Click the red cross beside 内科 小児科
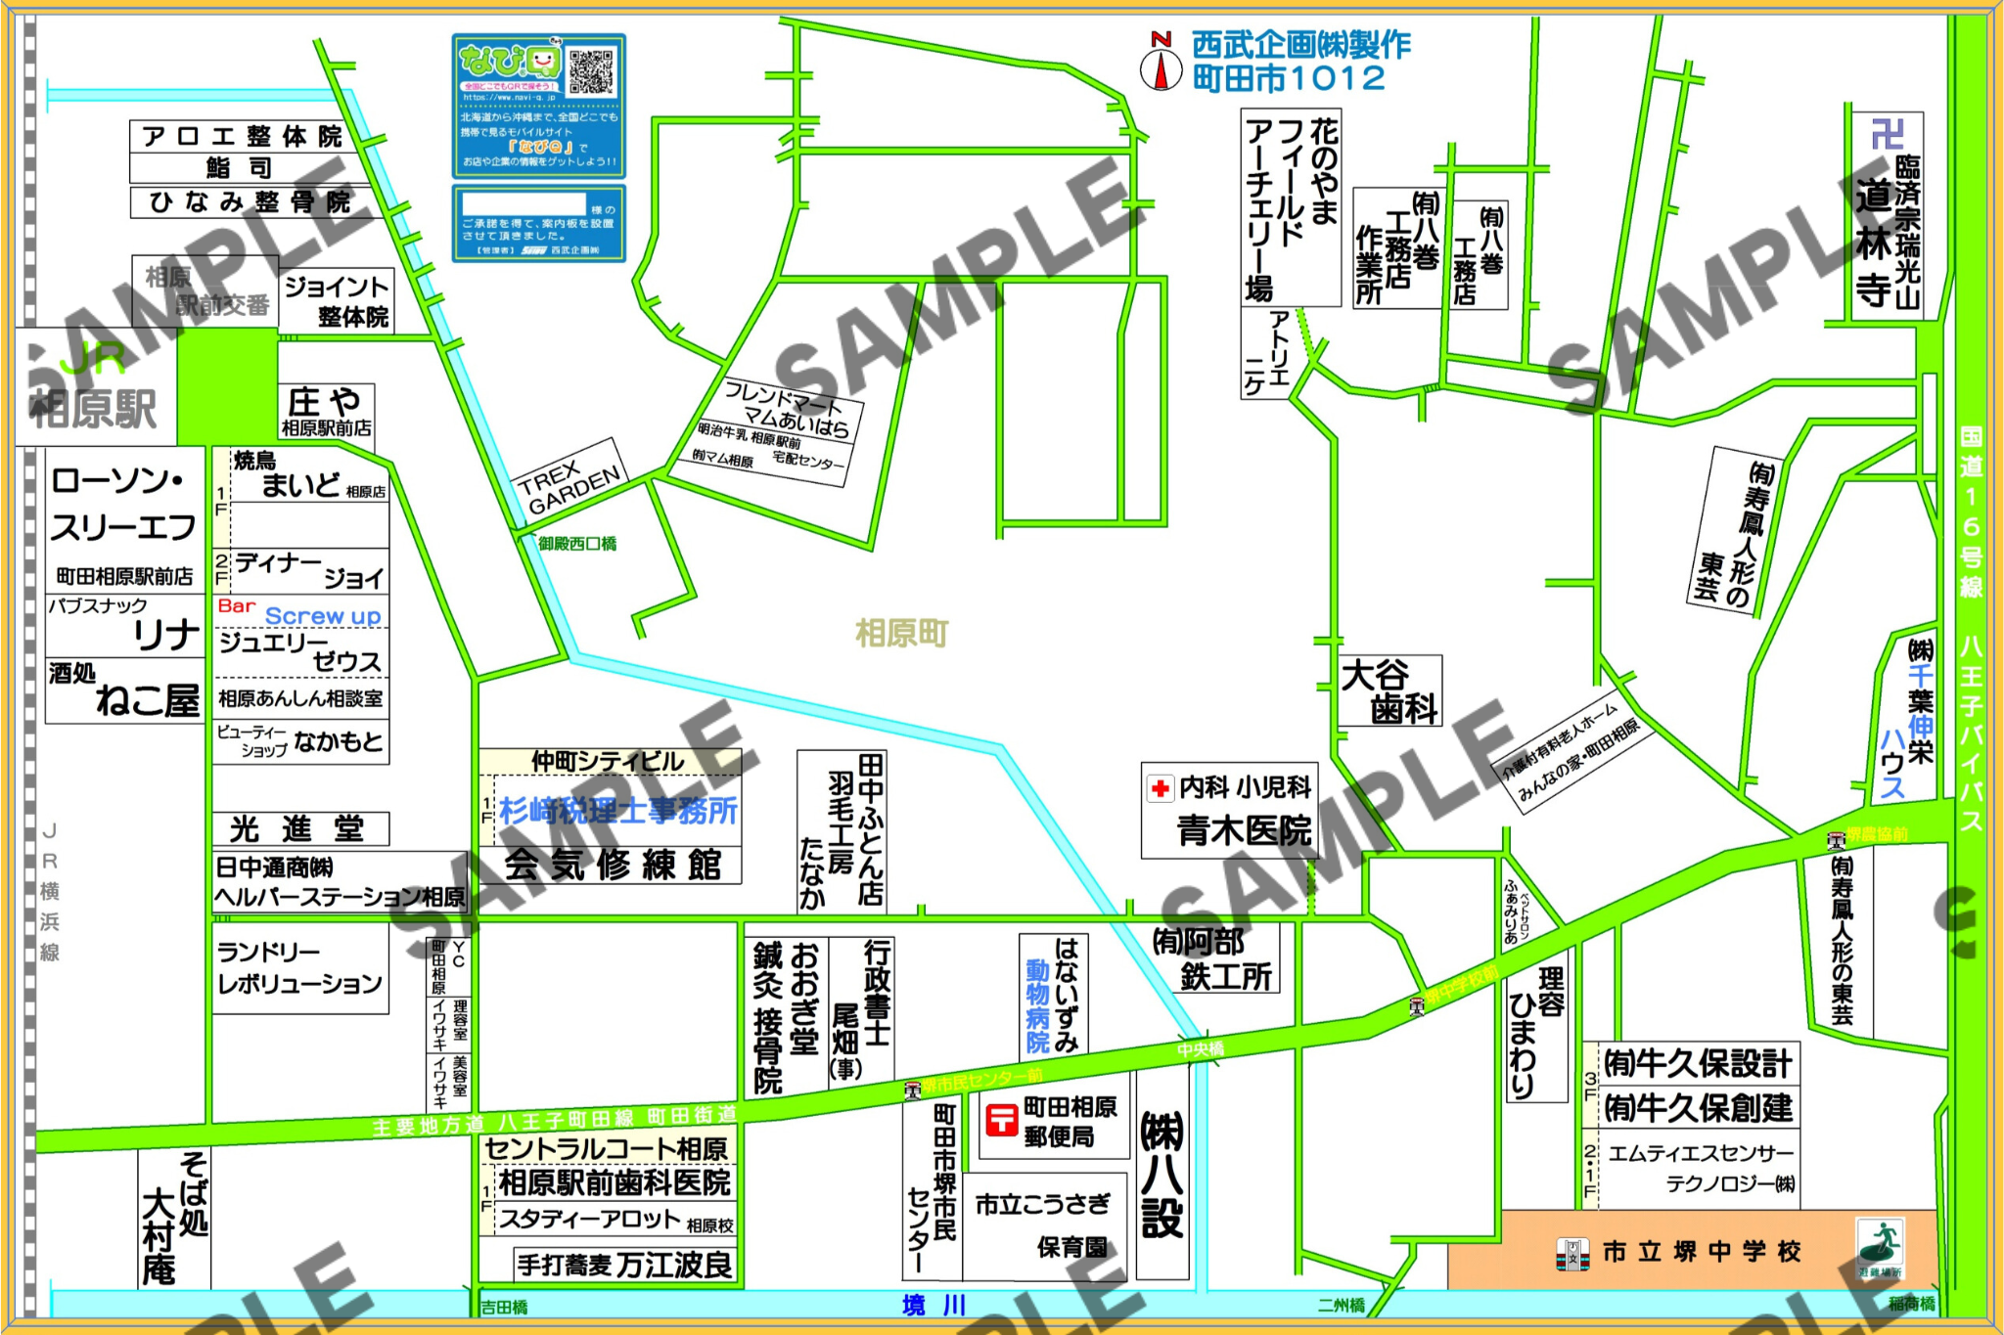(x=1161, y=788)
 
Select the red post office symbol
(x=1001, y=1119)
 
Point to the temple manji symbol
(x=1886, y=134)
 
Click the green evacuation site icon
(x=1880, y=1246)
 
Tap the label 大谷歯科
(x=1389, y=691)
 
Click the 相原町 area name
(x=901, y=634)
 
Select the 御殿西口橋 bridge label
(x=577, y=544)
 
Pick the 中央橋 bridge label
(x=1201, y=1049)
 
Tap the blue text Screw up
(x=323, y=616)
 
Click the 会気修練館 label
(x=613, y=866)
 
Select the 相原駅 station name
(x=93, y=409)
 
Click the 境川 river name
(x=934, y=1305)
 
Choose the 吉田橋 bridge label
(x=505, y=1308)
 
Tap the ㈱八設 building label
(x=1162, y=1174)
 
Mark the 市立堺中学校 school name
(x=1702, y=1252)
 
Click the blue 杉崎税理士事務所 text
(x=618, y=811)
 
